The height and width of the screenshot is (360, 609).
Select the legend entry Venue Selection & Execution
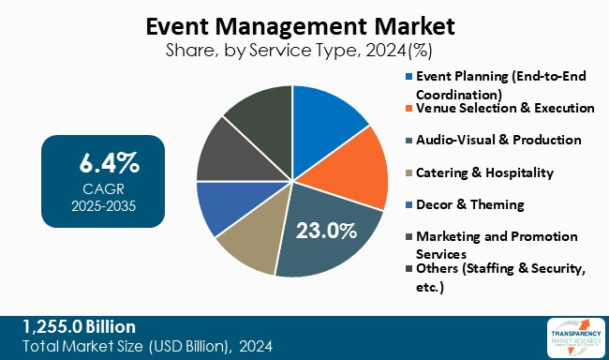506,108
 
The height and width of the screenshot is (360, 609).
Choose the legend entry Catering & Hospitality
485,172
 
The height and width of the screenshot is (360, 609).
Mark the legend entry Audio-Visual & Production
498,140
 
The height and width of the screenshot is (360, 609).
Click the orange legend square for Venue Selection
408,109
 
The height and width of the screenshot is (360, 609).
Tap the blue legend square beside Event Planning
408,76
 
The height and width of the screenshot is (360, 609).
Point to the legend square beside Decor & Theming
408,204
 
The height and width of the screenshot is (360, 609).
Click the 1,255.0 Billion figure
80,326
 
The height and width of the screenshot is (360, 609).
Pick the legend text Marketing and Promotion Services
497,245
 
